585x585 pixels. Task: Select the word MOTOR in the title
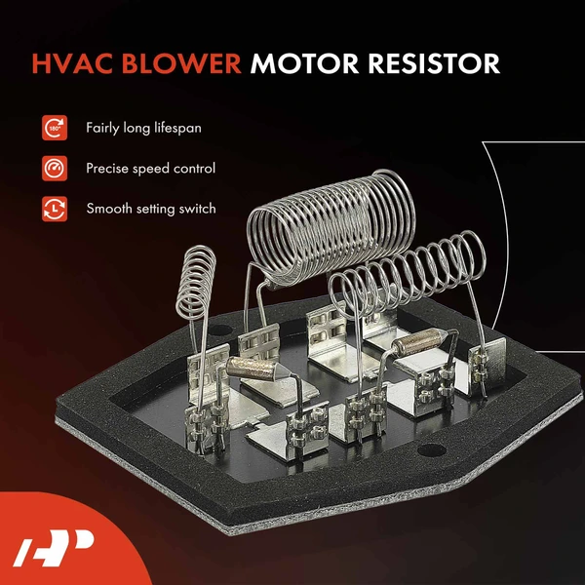tap(302, 64)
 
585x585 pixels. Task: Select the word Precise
tap(108, 168)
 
